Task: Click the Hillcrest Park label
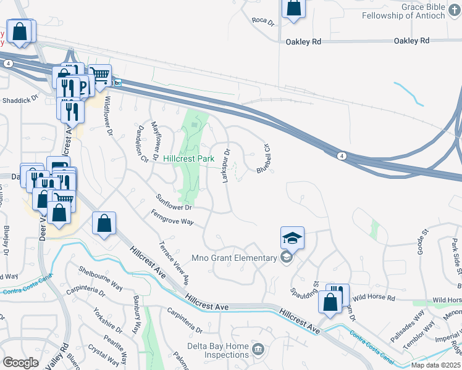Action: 189,158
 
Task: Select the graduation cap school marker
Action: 293,237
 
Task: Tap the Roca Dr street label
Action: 262,21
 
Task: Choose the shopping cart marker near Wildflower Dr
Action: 99,75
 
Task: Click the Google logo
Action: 20,362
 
